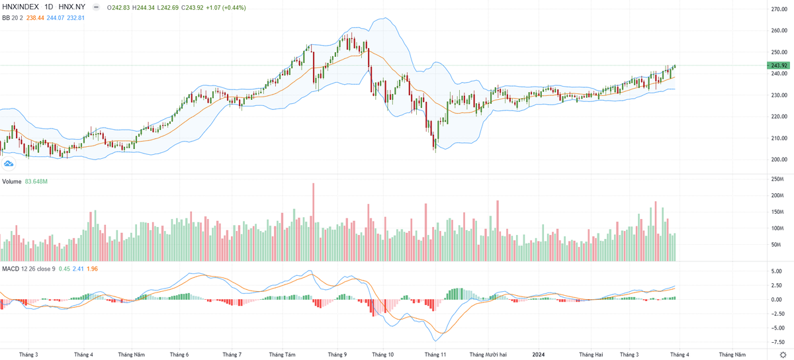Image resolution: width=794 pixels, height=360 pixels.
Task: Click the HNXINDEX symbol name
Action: pyautogui.click(x=20, y=8)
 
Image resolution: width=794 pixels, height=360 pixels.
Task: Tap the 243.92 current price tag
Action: pyautogui.click(x=779, y=66)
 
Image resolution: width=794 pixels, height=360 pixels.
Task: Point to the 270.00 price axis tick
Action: pyautogui.click(x=778, y=9)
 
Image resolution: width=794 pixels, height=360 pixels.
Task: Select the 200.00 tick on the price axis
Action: pyautogui.click(x=778, y=159)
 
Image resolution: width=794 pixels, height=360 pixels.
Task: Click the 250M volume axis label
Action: pyautogui.click(x=777, y=179)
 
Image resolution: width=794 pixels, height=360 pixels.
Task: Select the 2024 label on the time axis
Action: pyautogui.click(x=539, y=354)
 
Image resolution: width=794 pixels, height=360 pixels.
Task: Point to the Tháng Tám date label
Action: pyautogui.click(x=281, y=354)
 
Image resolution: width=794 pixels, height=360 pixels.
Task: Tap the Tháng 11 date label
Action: pyautogui.click(x=435, y=354)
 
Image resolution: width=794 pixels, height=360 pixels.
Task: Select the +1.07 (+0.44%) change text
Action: pyautogui.click(x=214, y=8)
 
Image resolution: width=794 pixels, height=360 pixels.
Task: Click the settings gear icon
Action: pyautogui.click(x=782, y=354)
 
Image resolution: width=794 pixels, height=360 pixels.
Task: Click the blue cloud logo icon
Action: pyautogui.click(x=9, y=163)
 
